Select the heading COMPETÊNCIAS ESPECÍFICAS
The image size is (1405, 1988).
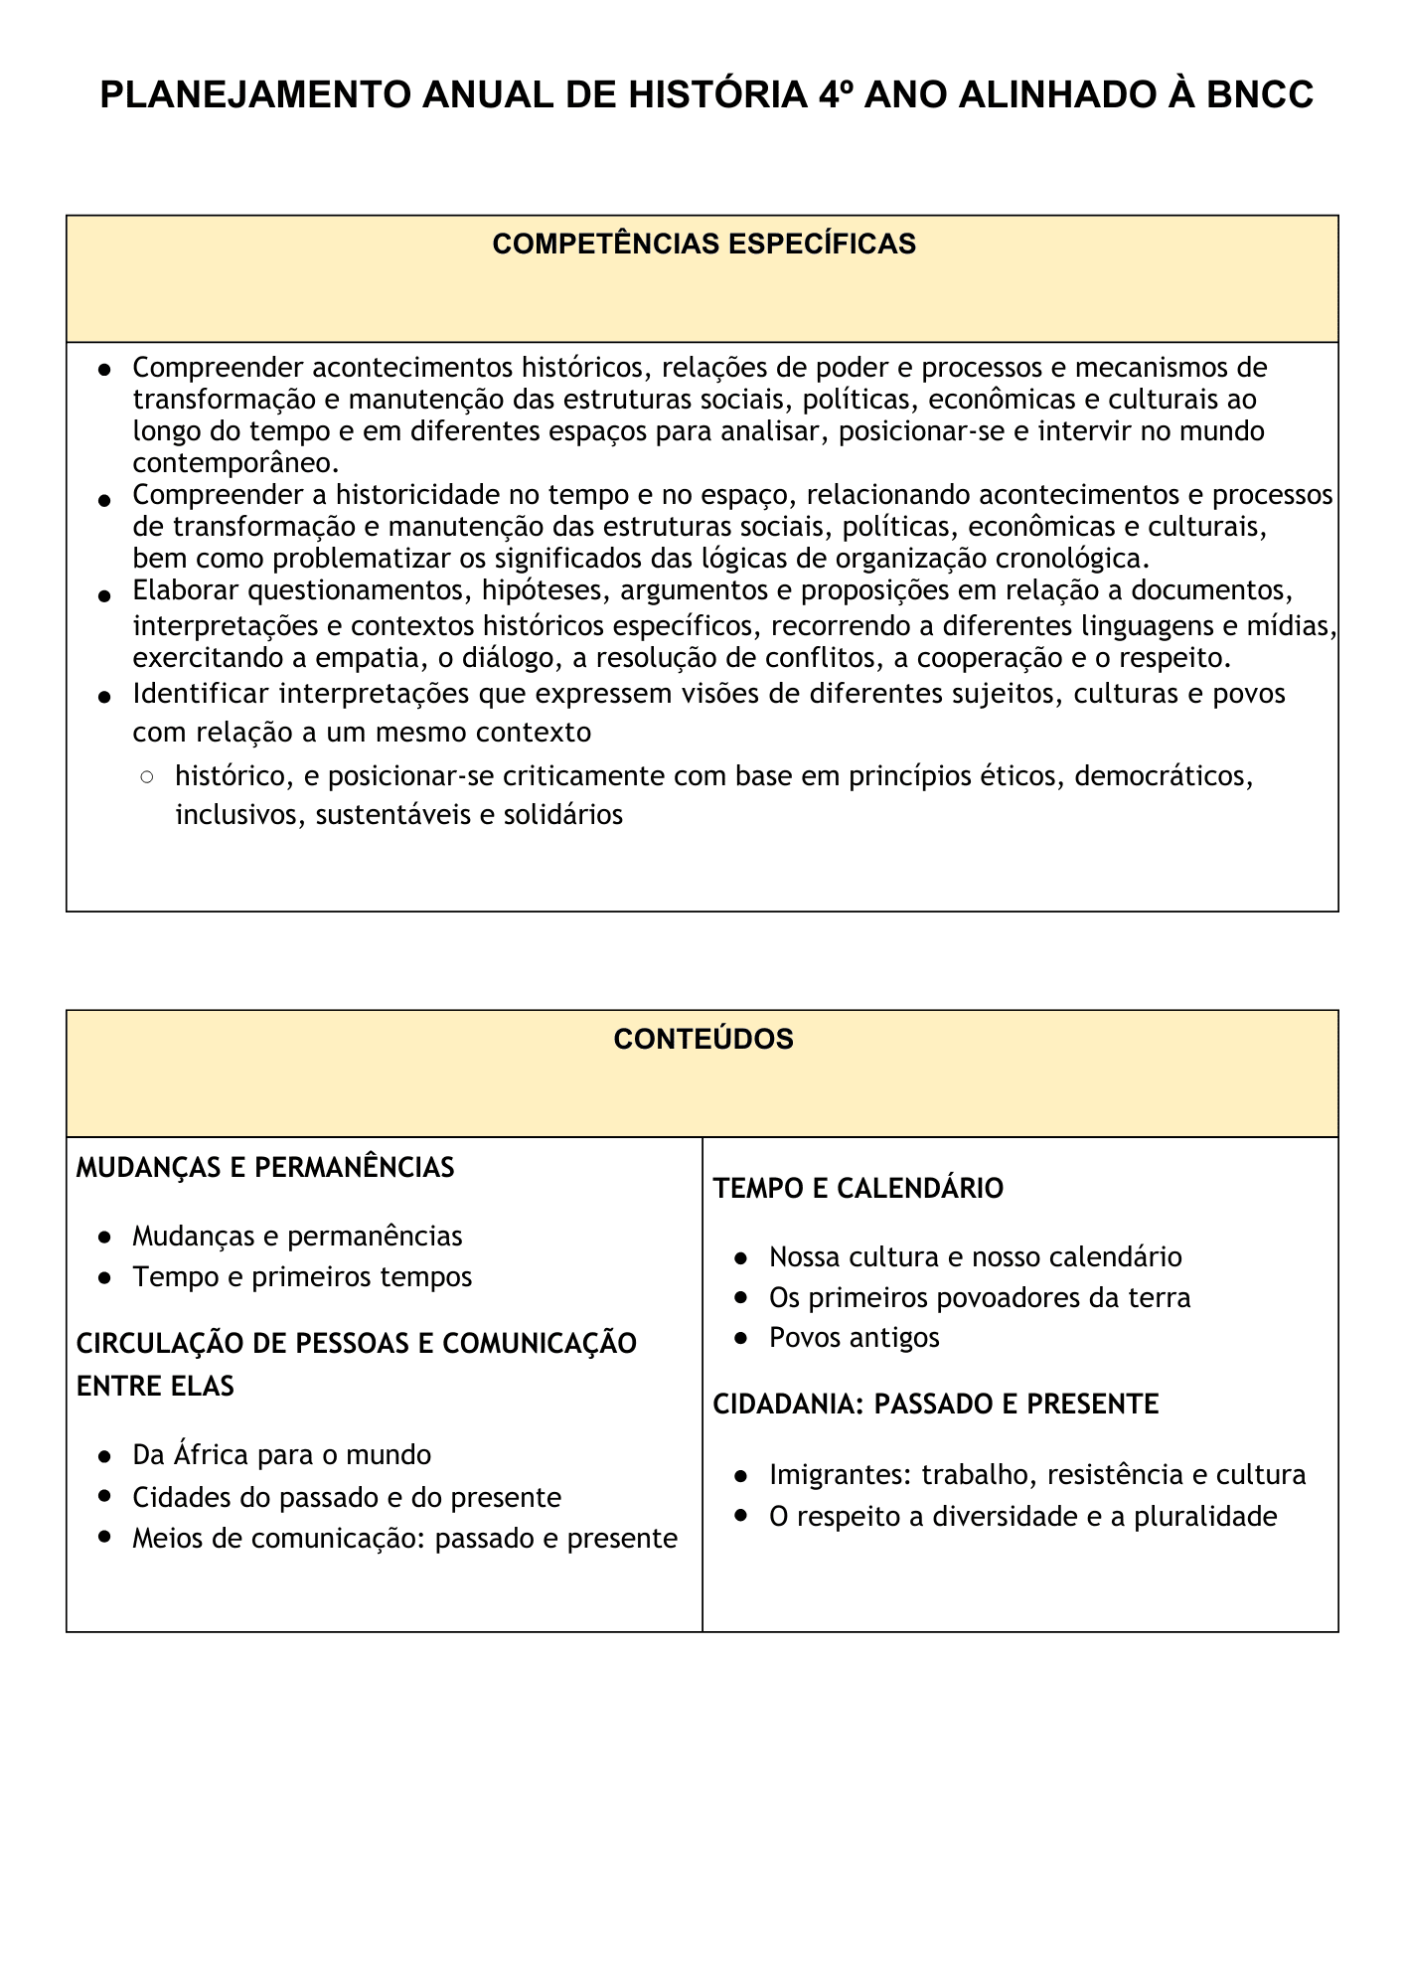[x=703, y=245]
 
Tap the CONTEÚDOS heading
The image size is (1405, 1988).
[x=703, y=1040]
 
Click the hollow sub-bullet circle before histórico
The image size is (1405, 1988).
[x=147, y=776]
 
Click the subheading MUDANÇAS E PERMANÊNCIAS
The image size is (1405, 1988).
[x=265, y=1168]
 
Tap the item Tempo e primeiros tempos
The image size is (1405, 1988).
[x=302, y=1277]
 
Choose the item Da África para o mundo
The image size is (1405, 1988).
[x=281, y=1455]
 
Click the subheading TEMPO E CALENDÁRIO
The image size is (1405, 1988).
[x=859, y=1189]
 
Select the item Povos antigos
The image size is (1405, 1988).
[x=854, y=1338]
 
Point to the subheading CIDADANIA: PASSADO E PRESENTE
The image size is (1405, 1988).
[x=935, y=1405]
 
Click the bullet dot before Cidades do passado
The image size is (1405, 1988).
[x=104, y=1498]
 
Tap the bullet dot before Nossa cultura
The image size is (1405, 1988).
[x=741, y=1258]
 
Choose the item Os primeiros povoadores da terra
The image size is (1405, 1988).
[x=979, y=1298]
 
